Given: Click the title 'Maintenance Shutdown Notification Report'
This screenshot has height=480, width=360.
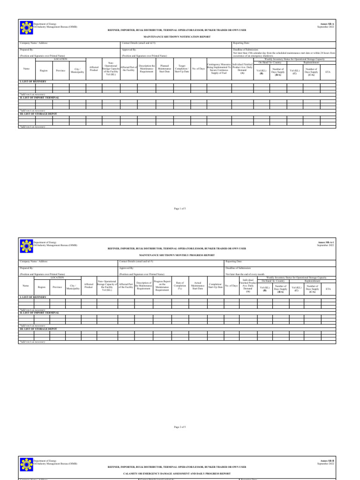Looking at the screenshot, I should tap(177, 36).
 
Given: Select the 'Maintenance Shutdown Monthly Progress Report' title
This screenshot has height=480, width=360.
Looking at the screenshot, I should tap(177, 255).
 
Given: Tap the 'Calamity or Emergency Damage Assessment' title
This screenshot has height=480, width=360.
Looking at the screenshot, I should tap(177, 474).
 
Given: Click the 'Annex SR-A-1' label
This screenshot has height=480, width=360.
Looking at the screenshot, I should tap(326, 242).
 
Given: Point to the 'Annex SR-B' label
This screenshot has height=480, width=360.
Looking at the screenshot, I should tap(328, 461).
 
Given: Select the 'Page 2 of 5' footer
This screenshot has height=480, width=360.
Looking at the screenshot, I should tap(180, 427).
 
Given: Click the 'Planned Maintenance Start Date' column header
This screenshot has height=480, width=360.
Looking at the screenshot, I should tap(165, 69).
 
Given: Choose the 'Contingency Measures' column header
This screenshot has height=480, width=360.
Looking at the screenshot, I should tap(219, 69).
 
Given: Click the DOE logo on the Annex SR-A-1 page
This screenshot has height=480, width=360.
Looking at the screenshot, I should tap(26, 244).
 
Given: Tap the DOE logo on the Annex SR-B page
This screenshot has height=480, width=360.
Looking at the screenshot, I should tap(26, 464).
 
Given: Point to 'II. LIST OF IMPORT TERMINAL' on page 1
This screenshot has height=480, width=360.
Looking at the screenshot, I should tap(40, 97).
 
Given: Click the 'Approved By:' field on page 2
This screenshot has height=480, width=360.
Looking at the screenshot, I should tap(127, 268).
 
